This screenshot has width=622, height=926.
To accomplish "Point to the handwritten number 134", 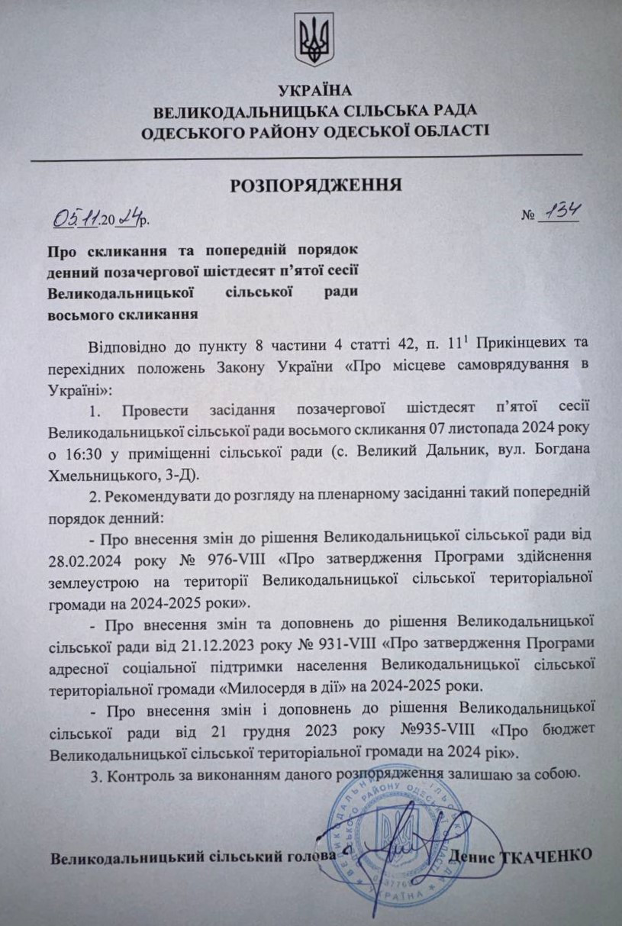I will point(559,214).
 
